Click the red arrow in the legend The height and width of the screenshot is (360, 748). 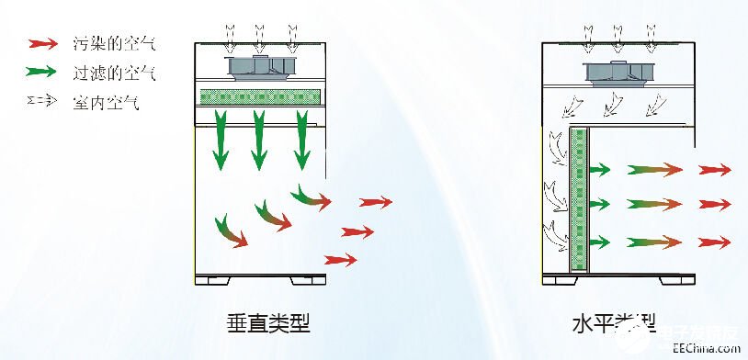click(x=42, y=42)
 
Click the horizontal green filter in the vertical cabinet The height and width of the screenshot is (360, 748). click(x=259, y=96)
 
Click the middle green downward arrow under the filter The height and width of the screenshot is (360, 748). click(x=259, y=139)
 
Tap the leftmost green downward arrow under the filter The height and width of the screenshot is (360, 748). click(x=219, y=139)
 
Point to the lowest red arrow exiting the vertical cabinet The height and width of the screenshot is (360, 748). click(x=340, y=260)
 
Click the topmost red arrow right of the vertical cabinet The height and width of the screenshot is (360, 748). click(x=375, y=202)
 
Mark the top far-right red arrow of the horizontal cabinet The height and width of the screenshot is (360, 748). click(x=714, y=170)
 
